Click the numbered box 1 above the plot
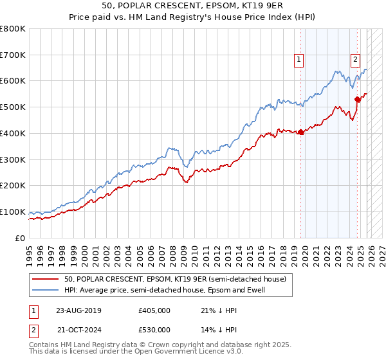point(299,60)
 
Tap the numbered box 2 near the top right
point(355,60)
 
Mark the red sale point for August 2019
point(300,132)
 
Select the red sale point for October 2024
point(357,99)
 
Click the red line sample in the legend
point(46,279)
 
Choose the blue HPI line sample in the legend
point(46,290)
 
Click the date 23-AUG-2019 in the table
point(78,310)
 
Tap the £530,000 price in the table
point(154,330)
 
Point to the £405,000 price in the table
point(154,310)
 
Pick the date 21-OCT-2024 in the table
point(78,330)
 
